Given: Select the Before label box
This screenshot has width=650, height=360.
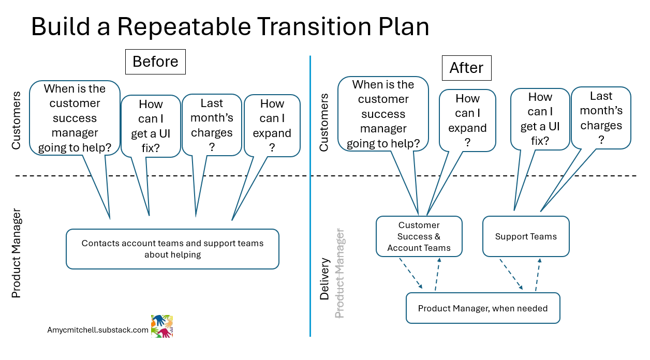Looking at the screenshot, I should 155,62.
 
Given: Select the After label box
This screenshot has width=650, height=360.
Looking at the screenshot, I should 466,68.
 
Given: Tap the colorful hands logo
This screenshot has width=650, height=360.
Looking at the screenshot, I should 161,326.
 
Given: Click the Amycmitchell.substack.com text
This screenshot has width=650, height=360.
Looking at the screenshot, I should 98,329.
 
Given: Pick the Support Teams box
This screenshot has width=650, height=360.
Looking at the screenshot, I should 526,236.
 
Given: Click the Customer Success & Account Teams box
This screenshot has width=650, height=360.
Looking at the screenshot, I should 419,236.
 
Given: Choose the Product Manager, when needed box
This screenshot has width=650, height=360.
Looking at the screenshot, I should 482,308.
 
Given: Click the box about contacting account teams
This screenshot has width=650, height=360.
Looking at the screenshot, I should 172,249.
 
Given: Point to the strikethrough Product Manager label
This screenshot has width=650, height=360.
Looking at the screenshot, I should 340,273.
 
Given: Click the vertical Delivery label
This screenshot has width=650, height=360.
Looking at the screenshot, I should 324,278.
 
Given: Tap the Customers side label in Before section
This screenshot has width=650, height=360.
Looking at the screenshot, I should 16,120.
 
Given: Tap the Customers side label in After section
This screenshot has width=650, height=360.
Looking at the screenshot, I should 324,122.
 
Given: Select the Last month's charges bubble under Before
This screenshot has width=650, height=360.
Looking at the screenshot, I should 212,125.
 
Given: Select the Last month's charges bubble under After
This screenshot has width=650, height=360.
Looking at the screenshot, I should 601,118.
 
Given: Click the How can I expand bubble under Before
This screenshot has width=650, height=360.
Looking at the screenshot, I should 272,126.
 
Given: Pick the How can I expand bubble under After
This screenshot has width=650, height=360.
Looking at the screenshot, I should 467,120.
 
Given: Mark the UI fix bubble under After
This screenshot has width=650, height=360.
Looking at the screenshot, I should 540,118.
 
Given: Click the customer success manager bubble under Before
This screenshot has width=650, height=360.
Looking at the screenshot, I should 75,118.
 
